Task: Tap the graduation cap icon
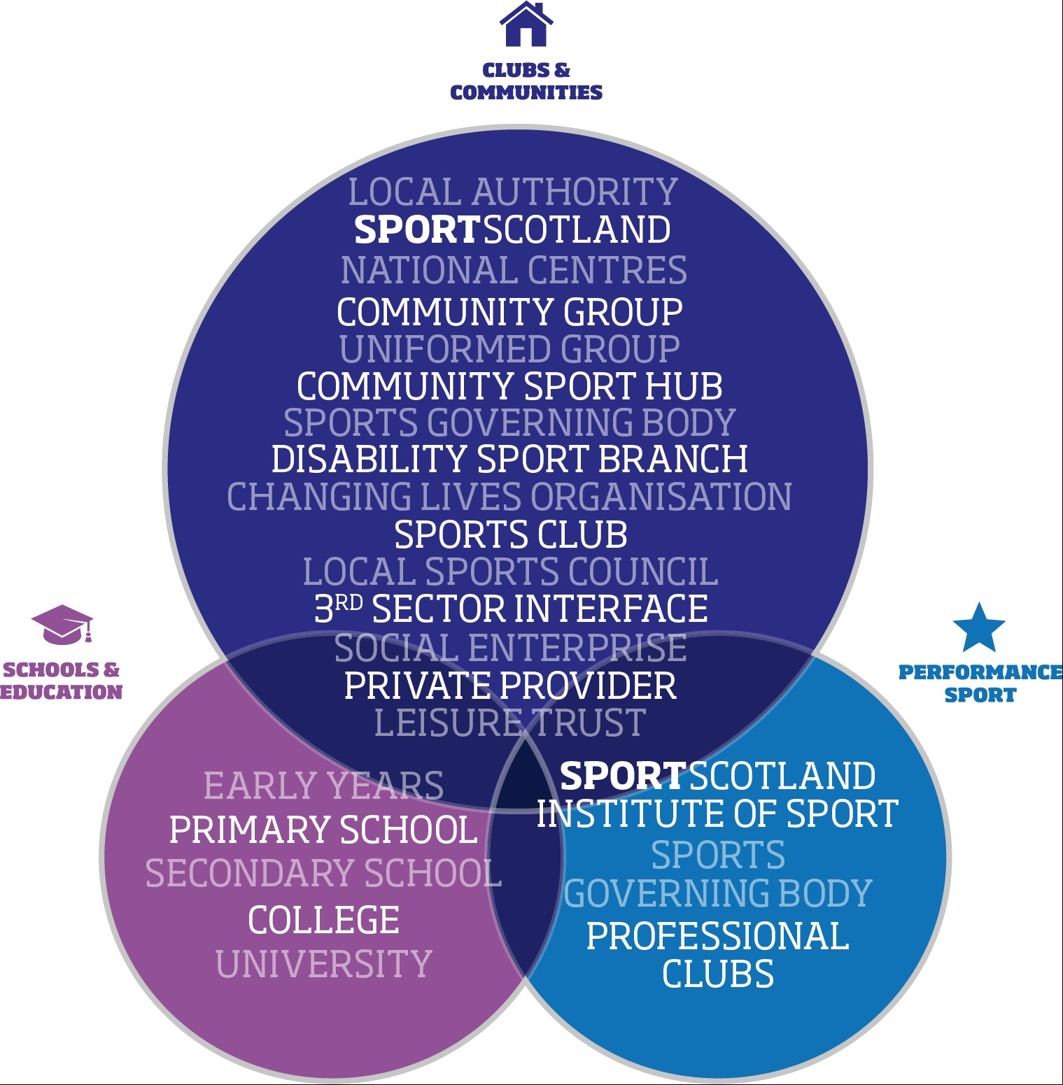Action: click(62, 624)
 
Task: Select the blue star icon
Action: click(979, 627)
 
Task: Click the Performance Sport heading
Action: click(980, 683)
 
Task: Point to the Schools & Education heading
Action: click(62, 681)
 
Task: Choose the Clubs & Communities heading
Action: click(526, 81)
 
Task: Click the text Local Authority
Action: click(513, 192)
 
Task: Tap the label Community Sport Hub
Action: click(509, 385)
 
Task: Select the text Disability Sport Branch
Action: click(509, 459)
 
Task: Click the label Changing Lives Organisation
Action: click(509, 497)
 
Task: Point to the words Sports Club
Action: click(511, 534)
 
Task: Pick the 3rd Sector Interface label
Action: click(511, 609)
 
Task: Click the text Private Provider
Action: click(510, 686)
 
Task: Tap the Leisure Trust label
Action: click(509, 723)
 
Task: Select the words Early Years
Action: click(324, 786)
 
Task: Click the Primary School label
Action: click(323, 830)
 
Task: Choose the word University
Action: click(324, 964)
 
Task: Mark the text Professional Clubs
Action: click(718, 955)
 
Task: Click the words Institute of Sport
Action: click(718, 814)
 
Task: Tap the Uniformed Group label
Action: click(509, 349)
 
